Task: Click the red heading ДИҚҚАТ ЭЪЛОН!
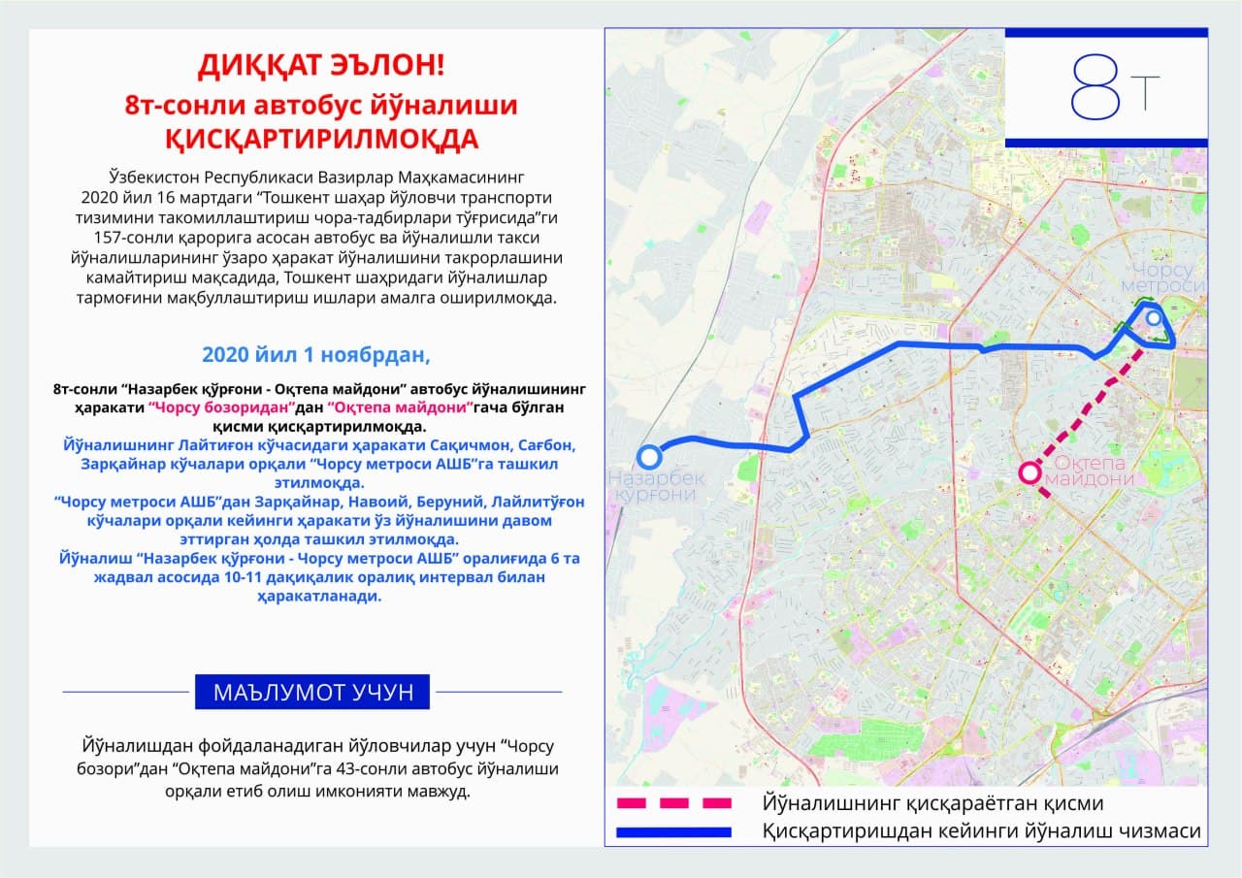(x=321, y=66)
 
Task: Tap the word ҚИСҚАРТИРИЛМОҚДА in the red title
(x=321, y=139)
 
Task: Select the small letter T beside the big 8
(x=1145, y=92)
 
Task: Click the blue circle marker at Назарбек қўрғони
(x=648, y=456)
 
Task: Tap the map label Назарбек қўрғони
(x=657, y=486)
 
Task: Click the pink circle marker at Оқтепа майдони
(x=1029, y=472)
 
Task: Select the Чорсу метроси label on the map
(x=1160, y=276)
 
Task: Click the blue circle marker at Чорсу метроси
(x=1153, y=317)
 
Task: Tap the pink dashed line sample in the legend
(x=673, y=803)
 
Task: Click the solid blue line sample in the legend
(x=673, y=831)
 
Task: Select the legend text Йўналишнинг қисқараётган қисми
(x=932, y=803)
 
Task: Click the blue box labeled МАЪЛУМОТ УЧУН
(x=312, y=692)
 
